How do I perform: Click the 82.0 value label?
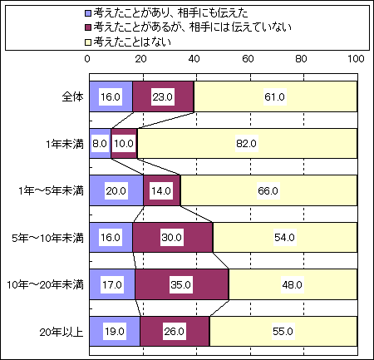point(246,144)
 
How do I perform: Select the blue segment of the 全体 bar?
point(111,96)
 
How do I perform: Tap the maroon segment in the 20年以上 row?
point(175,331)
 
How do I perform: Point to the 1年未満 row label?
point(65,144)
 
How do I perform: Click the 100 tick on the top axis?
point(356,59)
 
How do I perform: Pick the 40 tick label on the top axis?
point(194,59)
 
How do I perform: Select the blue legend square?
point(88,13)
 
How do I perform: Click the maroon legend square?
point(88,27)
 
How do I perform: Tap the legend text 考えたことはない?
point(132,42)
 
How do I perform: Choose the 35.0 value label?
point(180,284)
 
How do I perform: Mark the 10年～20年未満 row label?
point(45,285)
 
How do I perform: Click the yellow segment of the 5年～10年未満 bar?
point(285,238)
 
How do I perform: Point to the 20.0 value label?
point(116,190)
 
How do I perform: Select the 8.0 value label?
point(100,144)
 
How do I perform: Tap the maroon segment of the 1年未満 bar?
point(124,144)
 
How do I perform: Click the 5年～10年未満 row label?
point(47,238)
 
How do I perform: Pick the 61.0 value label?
point(274,96)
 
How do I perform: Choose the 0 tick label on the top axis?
point(87,59)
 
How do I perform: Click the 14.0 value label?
point(161,190)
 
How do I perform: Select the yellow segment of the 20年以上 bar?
point(283,331)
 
